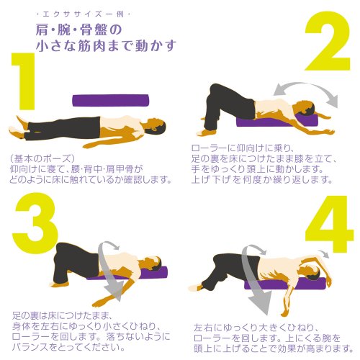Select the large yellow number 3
(x=35, y=222)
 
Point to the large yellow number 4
(x=329, y=225)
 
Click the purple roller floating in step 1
(x=111, y=100)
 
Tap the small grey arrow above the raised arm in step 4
(x=325, y=253)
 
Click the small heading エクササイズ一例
(x=84, y=14)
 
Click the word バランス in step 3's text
(x=30, y=347)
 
